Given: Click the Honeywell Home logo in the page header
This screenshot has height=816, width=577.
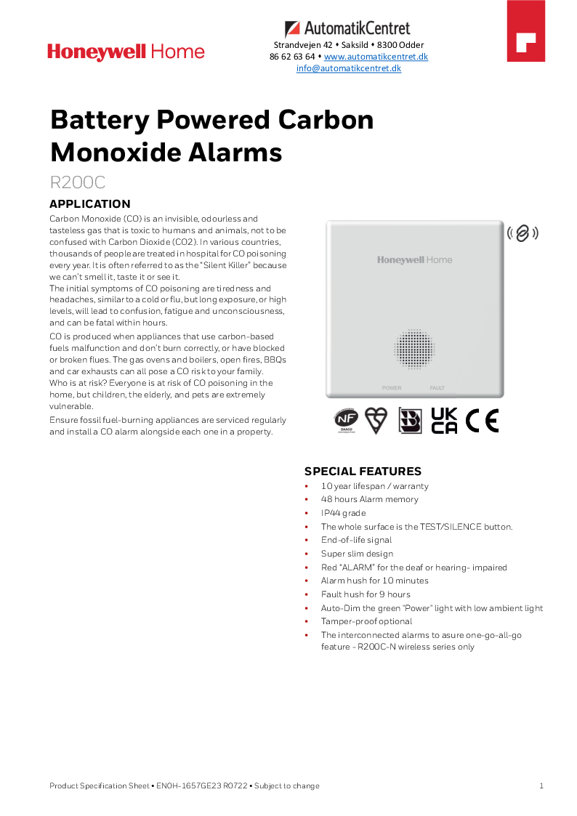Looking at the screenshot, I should (x=126, y=52).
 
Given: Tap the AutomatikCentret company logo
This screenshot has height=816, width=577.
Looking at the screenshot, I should (x=347, y=29).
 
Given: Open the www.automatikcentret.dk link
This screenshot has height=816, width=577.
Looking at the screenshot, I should (x=376, y=57).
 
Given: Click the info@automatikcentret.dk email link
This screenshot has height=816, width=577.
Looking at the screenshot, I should (x=349, y=68).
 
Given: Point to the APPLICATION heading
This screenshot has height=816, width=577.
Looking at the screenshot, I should (x=89, y=204).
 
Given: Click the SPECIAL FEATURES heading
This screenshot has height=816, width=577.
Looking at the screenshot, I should (x=363, y=472).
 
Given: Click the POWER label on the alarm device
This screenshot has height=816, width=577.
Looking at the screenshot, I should (x=392, y=388).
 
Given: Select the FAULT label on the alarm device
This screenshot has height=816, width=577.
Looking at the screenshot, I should (x=437, y=388).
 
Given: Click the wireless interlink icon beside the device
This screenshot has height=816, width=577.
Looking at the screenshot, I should (x=522, y=233).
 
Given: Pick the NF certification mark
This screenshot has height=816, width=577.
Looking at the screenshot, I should (x=346, y=420).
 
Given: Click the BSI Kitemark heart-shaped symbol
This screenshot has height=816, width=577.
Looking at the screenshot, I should (x=376, y=420).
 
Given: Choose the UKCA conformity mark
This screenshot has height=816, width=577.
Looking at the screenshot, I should (x=444, y=420).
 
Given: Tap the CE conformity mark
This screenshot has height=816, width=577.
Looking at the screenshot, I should (x=483, y=421).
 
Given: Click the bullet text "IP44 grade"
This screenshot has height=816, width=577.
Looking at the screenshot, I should (x=344, y=513).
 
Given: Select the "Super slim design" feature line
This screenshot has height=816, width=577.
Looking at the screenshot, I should (x=357, y=554).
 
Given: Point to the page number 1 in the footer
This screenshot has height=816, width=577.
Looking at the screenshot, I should (x=541, y=785).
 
